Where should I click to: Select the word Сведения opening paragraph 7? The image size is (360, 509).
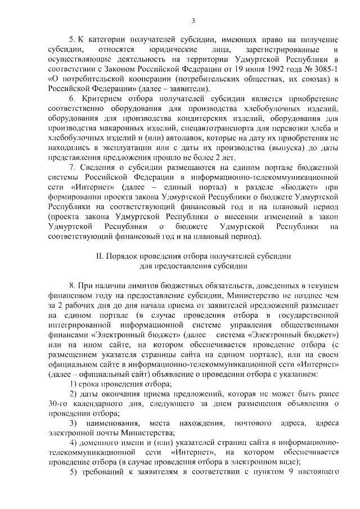(97, 166)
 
